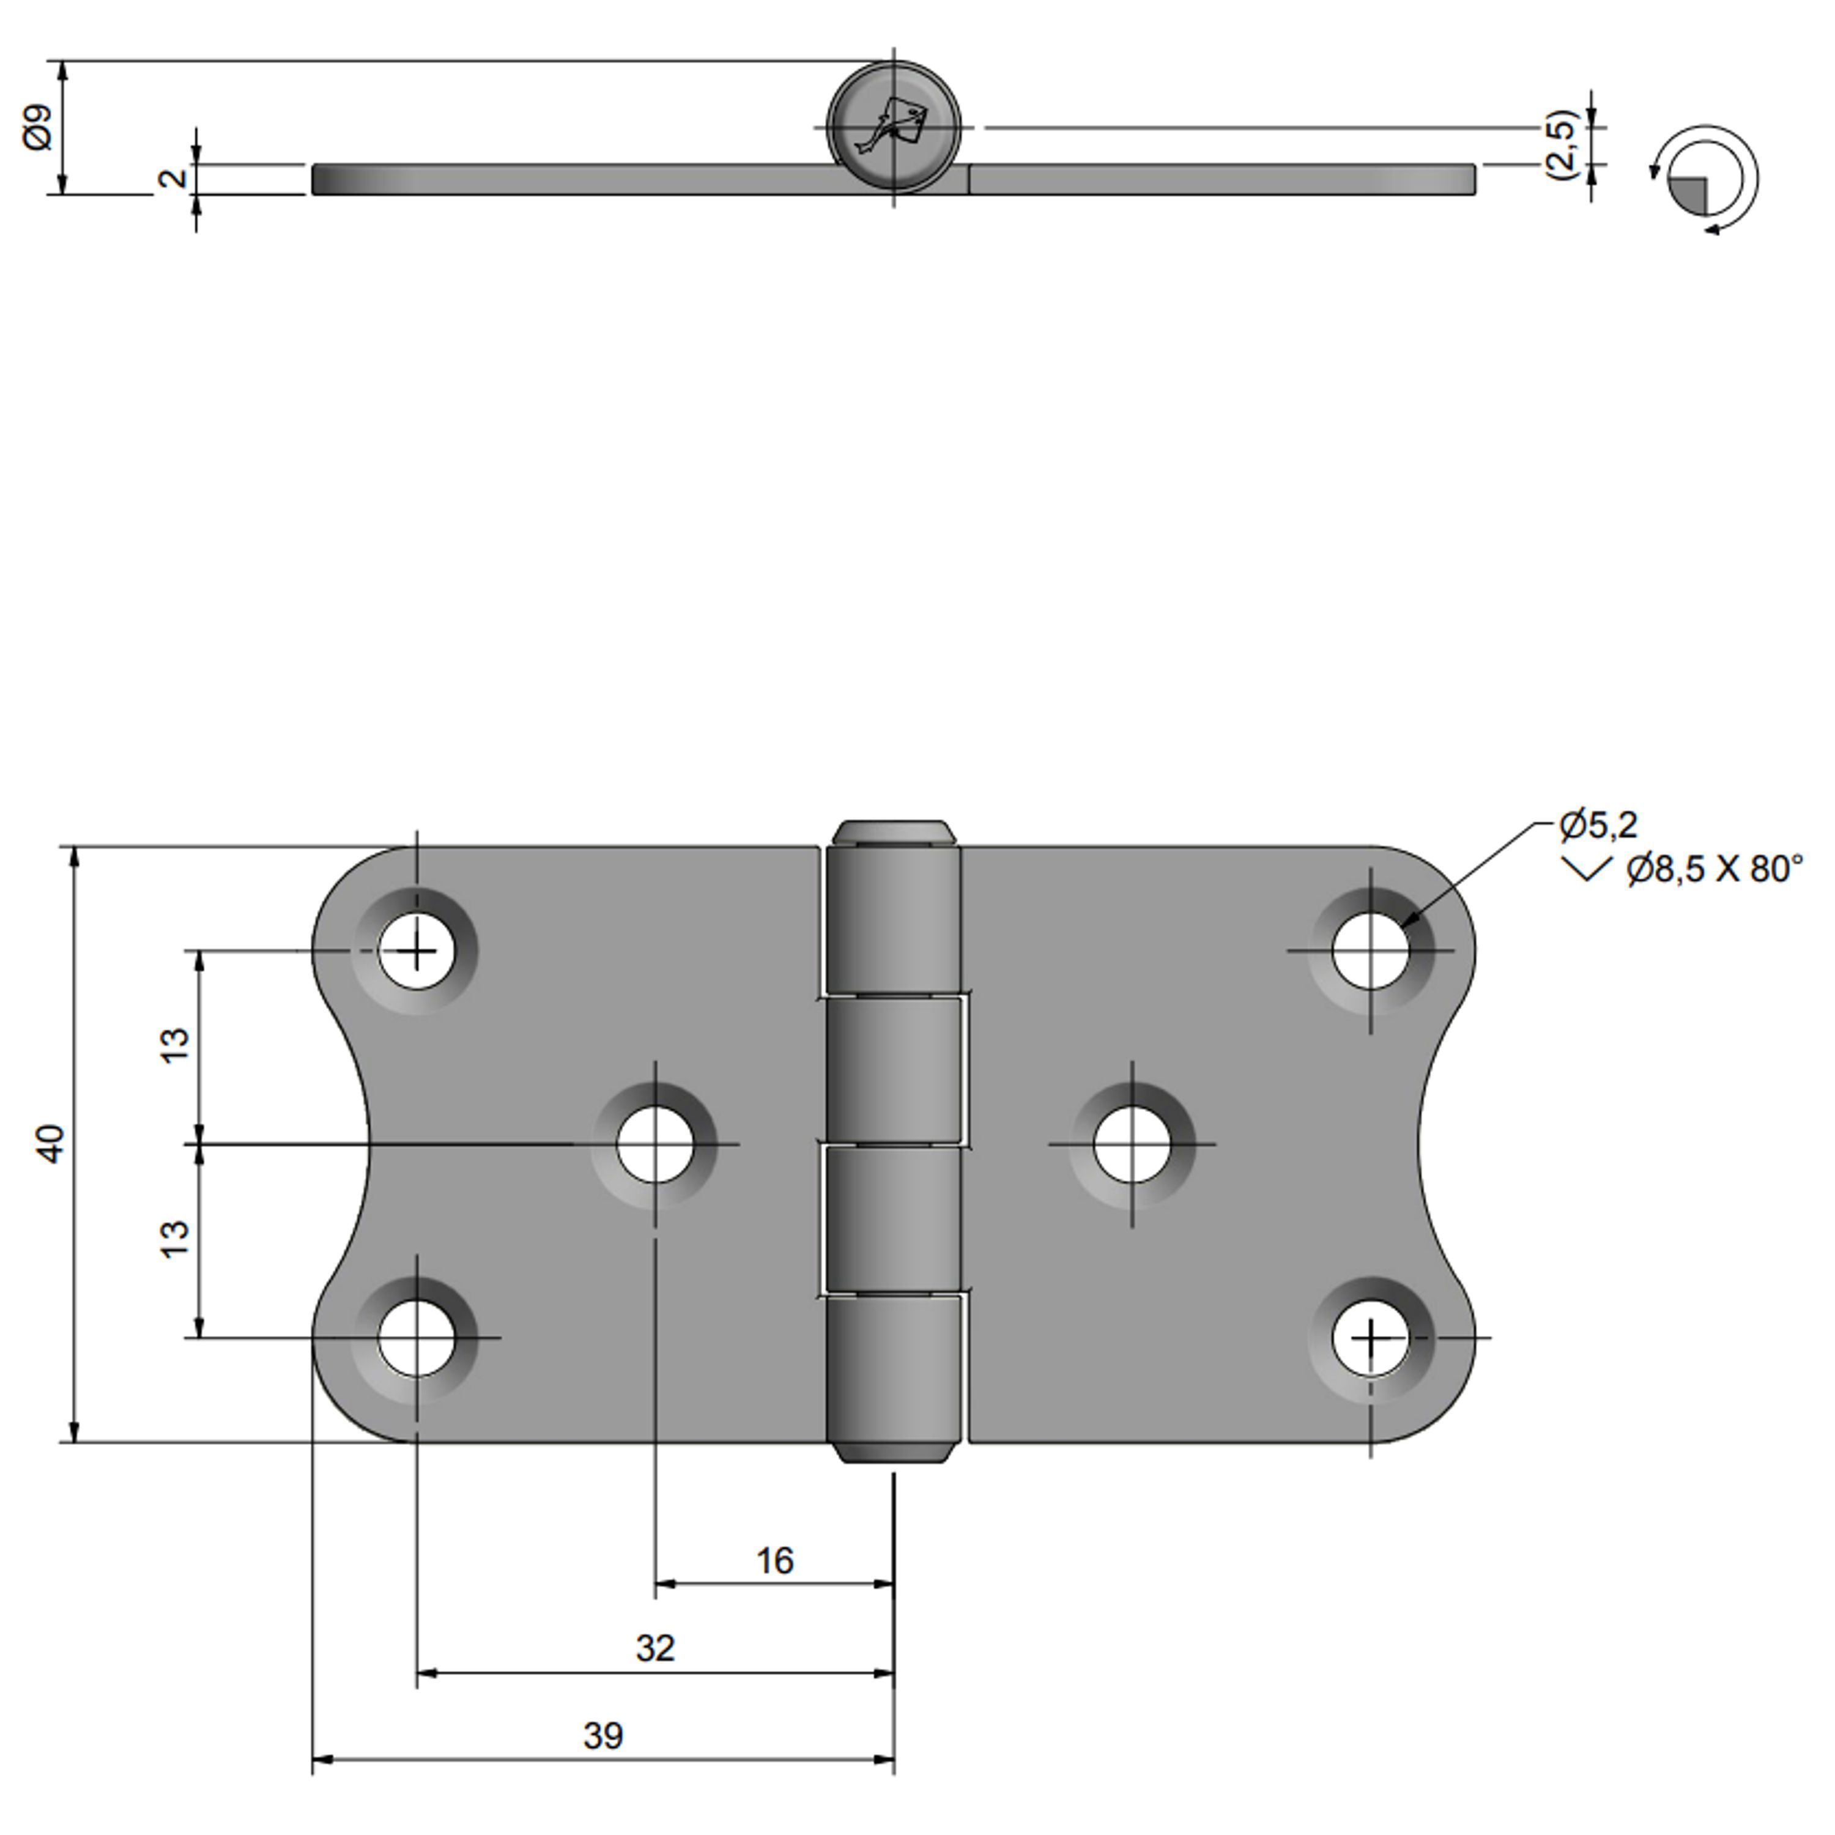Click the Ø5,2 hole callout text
pos(1598,825)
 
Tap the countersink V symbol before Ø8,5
pos(1586,868)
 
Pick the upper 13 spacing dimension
pos(176,1045)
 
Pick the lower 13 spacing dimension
pos(176,1239)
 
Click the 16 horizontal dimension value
pos(775,1560)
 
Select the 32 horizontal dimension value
pos(655,1648)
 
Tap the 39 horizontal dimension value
pos(603,1737)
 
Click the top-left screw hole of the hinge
pos(416,950)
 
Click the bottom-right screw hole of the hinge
pos(1371,1339)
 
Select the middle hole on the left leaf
pos(655,1144)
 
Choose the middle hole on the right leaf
pos(1132,1144)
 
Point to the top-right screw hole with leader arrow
pos(1371,950)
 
